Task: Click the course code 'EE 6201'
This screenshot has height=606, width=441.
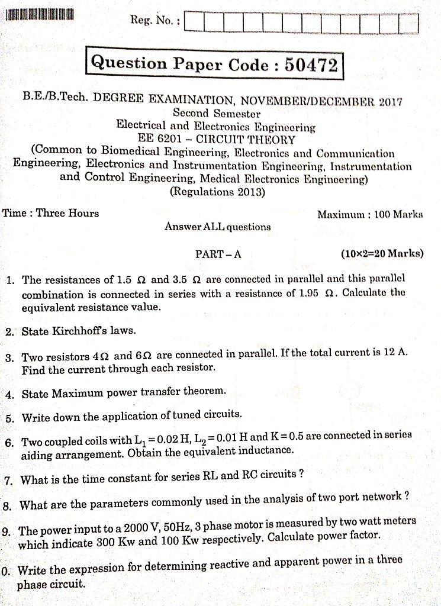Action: click(x=156, y=140)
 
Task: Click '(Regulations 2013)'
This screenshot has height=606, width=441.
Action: click(x=217, y=192)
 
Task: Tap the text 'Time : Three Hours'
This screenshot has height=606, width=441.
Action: click(x=51, y=213)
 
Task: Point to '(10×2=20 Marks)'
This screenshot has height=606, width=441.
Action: click(x=382, y=254)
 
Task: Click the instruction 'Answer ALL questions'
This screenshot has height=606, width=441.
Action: click(x=217, y=227)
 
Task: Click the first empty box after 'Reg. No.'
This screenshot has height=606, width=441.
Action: click(x=195, y=22)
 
